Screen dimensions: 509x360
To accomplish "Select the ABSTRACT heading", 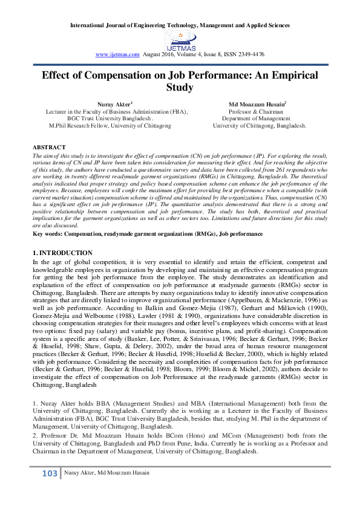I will point(49,148).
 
